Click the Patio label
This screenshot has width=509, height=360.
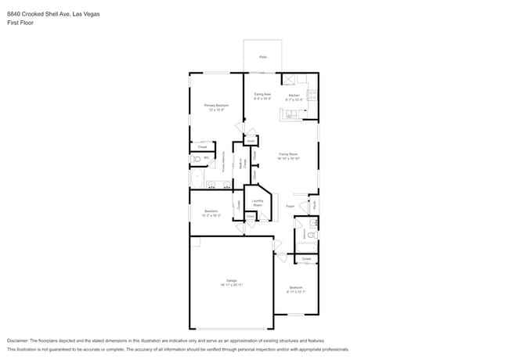pos(262,57)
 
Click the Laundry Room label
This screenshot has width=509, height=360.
pos(257,203)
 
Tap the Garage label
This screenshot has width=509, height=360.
pos(231,282)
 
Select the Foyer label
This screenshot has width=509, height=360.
pos(289,206)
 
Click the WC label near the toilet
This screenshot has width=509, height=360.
pos(206,158)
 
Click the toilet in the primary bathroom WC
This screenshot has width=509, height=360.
pos(195,159)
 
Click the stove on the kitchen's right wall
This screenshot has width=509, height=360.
pos(312,97)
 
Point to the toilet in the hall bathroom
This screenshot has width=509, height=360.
pos(311,234)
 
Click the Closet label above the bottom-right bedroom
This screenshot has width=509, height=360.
pos(306,258)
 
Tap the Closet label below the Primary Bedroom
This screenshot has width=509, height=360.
pos(202,146)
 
